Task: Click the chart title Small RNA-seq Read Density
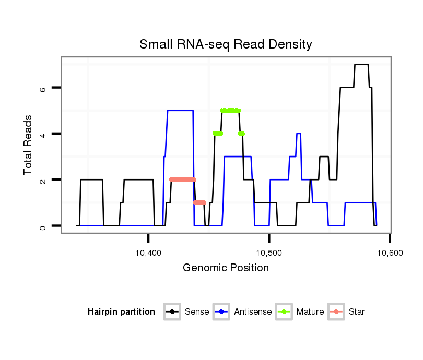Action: point(226,44)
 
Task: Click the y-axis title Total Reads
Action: point(29,145)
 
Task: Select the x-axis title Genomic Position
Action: point(226,268)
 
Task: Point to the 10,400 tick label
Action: point(148,253)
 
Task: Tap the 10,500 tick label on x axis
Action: point(269,253)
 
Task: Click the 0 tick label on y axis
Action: point(43,226)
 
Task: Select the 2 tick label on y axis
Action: point(43,180)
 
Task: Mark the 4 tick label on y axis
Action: point(43,134)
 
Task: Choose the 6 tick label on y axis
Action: point(43,88)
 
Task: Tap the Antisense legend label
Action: point(252,312)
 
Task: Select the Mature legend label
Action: point(310,312)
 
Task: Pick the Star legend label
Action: point(357,312)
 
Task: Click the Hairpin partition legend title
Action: point(121,312)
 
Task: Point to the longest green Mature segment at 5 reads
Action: point(230,110)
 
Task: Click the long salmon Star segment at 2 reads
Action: point(183,179)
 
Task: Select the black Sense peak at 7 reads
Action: point(361,64)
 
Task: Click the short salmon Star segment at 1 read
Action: point(199,202)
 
